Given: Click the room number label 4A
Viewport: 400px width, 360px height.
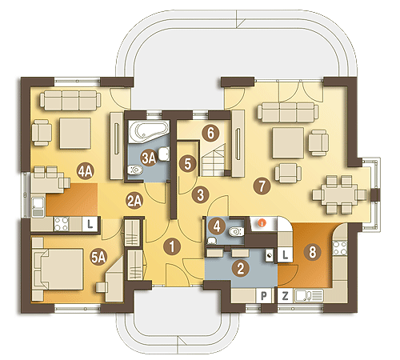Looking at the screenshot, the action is [x=85, y=171].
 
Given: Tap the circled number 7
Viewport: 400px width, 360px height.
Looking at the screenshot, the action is [x=262, y=186].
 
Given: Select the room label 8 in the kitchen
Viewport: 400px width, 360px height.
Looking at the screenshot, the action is [x=312, y=252].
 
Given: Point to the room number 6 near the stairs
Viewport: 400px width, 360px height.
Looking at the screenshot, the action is [x=210, y=133].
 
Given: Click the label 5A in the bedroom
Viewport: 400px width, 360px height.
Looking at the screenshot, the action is [x=98, y=258].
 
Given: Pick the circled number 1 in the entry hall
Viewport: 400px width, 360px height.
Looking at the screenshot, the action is [x=172, y=246].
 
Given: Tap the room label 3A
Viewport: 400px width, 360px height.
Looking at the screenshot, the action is [x=149, y=158].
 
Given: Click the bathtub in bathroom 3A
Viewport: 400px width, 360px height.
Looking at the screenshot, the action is [x=149, y=130].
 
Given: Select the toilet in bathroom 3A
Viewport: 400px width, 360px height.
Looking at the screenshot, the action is [x=135, y=170].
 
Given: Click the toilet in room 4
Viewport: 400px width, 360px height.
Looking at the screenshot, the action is [x=236, y=231].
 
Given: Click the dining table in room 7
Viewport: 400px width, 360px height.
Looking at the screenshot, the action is [x=339, y=194].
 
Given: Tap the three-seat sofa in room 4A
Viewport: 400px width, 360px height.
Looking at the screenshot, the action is [x=70, y=100].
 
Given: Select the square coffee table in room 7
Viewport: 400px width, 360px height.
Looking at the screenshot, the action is [x=288, y=142].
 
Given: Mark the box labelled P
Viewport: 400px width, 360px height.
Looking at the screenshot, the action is [x=263, y=295].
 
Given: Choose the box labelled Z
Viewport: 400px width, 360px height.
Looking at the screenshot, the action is [x=285, y=295].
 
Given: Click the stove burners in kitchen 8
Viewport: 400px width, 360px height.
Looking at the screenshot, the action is [x=340, y=248].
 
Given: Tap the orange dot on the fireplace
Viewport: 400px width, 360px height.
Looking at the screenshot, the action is [x=262, y=223].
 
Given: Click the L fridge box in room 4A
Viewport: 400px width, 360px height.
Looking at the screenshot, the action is [x=90, y=224].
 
